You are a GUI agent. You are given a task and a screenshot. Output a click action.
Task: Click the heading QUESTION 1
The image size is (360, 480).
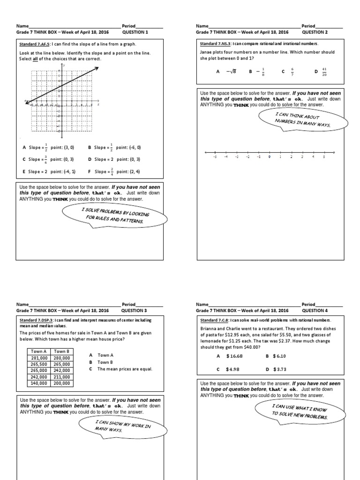coord(135,33)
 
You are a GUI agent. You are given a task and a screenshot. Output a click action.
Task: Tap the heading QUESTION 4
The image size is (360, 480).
coord(315,310)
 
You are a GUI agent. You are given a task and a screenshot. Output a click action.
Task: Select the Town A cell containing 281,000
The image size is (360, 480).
coord(38,357)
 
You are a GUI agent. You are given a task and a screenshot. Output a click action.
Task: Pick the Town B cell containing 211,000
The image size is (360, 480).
coord(61,376)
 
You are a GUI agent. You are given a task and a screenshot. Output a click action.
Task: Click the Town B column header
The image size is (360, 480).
coord(61,351)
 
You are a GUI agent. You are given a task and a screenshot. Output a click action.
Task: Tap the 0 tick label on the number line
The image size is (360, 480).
coord(270,157)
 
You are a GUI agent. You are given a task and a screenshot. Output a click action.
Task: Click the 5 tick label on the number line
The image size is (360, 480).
coord(323,157)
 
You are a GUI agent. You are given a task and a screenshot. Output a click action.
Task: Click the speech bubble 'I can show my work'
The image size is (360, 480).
coord(122,426)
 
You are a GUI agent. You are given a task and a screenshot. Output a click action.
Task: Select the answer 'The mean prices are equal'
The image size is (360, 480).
coord(125,369)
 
